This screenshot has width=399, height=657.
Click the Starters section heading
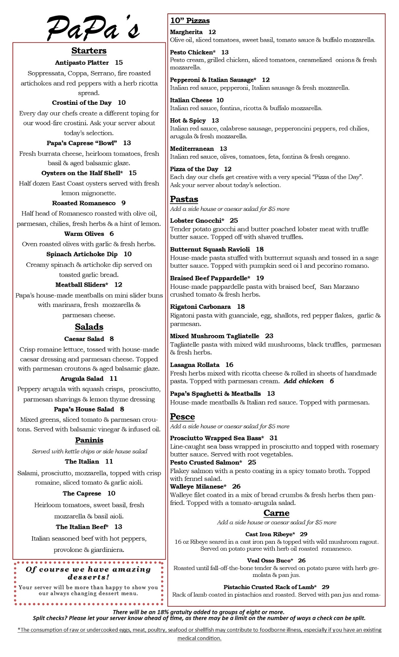(x=89, y=51)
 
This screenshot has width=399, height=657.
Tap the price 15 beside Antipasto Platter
(x=119, y=62)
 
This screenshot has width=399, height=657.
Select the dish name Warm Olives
(x=84, y=234)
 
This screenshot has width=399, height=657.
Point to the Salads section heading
(x=89, y=327)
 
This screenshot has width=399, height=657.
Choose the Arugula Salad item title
(x=82, y=378)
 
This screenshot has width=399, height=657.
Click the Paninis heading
(x=89, y=440)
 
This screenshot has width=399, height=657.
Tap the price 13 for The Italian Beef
(x=118, y=527)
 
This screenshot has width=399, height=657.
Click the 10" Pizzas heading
(x=190, y=21)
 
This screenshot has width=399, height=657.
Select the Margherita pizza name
(x=186, y=32)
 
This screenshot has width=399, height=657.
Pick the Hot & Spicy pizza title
(x=188, y=121)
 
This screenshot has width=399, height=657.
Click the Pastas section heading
(x=184, y=199)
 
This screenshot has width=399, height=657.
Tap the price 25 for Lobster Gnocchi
(x=234, y=220)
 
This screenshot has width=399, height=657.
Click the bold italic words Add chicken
(x=304, y=381)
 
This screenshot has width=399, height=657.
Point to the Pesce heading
(x=182, y=417)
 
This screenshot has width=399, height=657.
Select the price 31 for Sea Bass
(x=273, y=438)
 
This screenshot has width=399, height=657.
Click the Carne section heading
(x=276, y=513)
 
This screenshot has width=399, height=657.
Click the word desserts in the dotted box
(x=88, y=577)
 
